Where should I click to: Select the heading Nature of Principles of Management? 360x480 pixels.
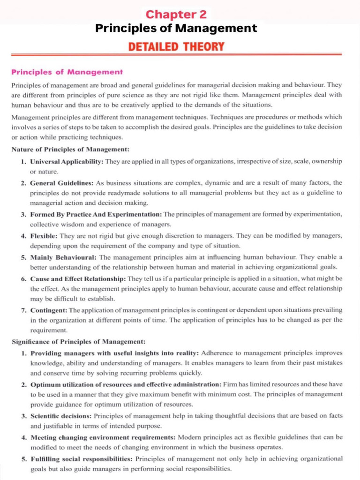70,150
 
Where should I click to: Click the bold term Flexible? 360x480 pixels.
44,235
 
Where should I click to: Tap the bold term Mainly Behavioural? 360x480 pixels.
63,257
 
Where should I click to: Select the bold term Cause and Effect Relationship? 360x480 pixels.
78,278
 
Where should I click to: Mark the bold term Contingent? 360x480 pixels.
49,310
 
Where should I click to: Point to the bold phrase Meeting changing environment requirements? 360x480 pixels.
103,437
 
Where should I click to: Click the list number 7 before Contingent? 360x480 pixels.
23,310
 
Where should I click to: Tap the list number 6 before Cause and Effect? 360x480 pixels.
23,278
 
